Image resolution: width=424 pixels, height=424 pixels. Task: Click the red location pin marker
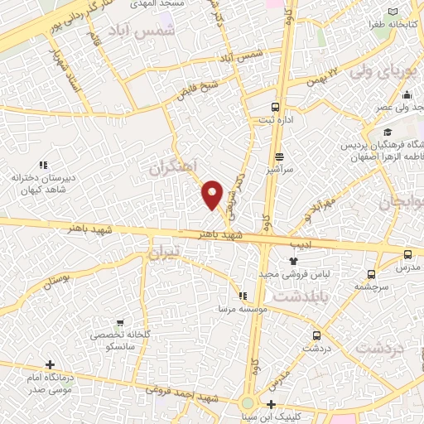point(213,195)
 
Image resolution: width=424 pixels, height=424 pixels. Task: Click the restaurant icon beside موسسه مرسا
point(242,295)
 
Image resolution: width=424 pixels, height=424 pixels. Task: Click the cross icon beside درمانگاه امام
point(51,364)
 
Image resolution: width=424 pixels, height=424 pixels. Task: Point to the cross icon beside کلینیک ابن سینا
point(272,405)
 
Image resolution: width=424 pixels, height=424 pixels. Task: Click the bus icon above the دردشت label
point(316,336)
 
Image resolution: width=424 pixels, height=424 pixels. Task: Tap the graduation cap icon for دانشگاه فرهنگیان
point(387,132)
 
